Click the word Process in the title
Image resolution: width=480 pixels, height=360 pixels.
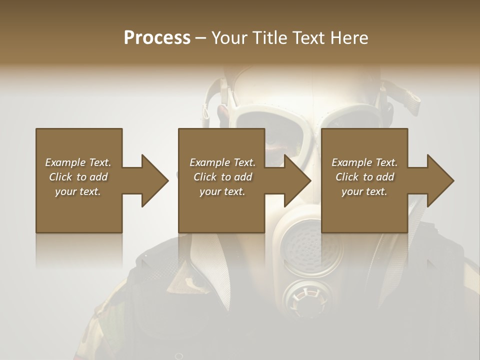pos(157,38)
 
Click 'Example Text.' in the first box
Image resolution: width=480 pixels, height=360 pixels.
pos(78,162)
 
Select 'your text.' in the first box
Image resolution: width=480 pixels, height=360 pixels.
pos(78,191)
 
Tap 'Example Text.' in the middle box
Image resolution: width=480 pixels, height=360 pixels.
pos(222,162)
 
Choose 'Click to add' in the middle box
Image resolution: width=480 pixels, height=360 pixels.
pos(222,177)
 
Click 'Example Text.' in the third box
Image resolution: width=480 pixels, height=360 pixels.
pos(364,162)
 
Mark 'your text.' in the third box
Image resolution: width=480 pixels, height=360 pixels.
pos(364,191)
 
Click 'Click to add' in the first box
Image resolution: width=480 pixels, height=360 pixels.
pos(78,177)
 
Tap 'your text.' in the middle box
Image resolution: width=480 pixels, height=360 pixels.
pos(222,191)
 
